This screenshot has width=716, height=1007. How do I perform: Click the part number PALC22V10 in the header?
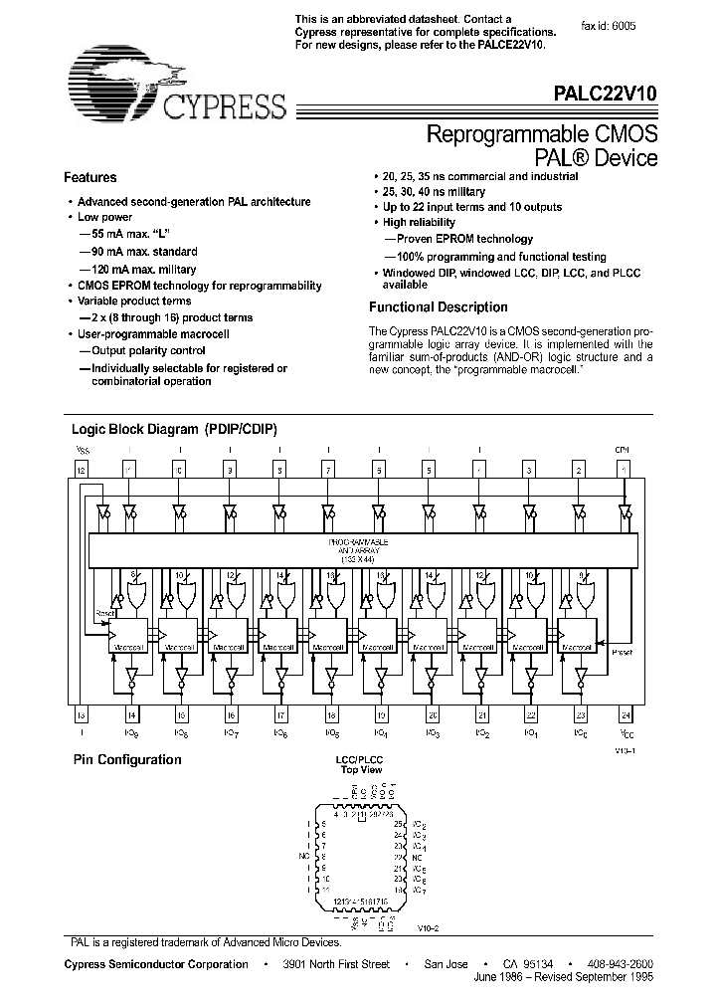pos(605,95)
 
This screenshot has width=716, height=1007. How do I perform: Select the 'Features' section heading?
pos(90,178)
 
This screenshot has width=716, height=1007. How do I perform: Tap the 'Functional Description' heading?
pos(438,307)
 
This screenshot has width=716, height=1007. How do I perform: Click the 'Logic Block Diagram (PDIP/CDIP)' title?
pos(174,429)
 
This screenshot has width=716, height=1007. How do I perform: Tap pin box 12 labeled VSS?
pos(82,470)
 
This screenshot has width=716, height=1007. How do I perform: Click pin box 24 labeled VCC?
pos(624,713)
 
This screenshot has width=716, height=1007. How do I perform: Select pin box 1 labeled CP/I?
pos(624,470)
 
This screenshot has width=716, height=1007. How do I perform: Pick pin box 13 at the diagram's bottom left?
pos(82,713)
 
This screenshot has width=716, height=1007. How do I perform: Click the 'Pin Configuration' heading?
pos(127,760)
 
